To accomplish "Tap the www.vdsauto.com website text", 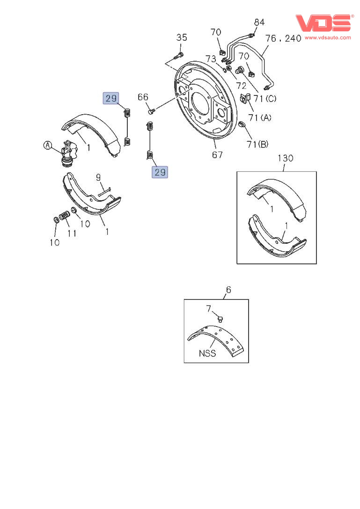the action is click(328, 37).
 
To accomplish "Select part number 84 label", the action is click(259, 22).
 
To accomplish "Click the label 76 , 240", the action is click(283, 38).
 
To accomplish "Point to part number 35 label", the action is click(182, 37).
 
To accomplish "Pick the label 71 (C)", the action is click(265, 98).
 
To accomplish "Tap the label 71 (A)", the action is click(259, 117).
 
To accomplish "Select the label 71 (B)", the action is click(257, 144).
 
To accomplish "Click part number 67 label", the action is click(217, 155).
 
